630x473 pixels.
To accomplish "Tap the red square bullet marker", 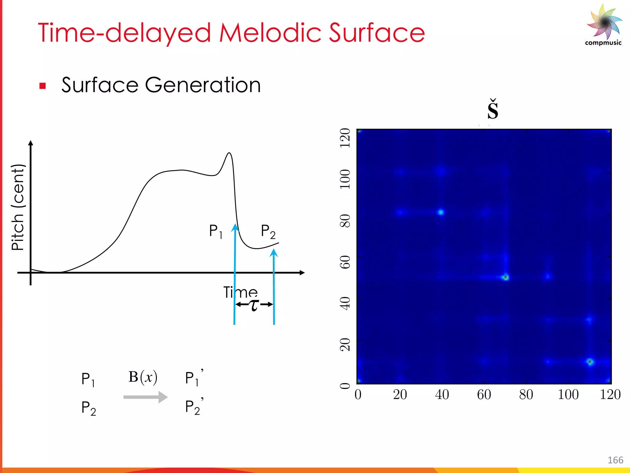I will click(42, 86).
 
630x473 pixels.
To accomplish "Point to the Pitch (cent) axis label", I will click(18, 207).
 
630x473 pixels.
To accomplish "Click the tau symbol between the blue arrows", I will click(254, 305).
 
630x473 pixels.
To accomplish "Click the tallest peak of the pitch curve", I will click(229, 153).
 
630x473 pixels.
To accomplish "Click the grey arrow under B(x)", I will click(145, 397).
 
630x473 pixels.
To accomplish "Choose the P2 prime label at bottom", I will click(193, 407).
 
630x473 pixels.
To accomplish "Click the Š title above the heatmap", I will click(492, 110).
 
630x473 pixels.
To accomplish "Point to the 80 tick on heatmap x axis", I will click(526, 395).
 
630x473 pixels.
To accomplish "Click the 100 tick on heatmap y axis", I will click(345, 179).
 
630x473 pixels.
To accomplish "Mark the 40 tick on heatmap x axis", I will click(442, 395).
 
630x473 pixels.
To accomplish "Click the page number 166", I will click(615, 460).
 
